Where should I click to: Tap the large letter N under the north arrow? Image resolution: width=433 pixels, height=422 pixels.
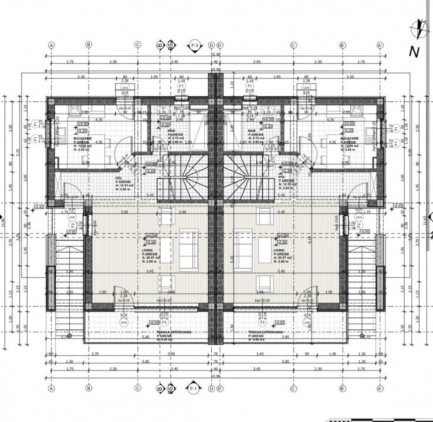(x=414, y=52)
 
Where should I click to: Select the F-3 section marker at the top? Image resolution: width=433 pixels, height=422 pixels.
(x=194, y=45)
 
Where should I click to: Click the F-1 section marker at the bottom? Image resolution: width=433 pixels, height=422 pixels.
(x=194, y=389)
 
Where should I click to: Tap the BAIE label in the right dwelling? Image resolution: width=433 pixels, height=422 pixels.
(x=252, y=131)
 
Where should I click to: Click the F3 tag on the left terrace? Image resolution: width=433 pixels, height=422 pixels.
(x=165, y=322)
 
